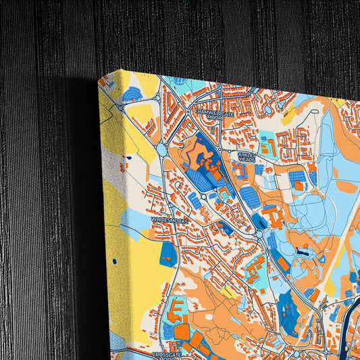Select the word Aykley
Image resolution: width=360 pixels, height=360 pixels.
247,154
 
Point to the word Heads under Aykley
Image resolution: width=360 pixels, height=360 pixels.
247,159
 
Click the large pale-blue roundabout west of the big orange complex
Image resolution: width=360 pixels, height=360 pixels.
163,150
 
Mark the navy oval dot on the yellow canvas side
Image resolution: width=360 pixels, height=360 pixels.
114,260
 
